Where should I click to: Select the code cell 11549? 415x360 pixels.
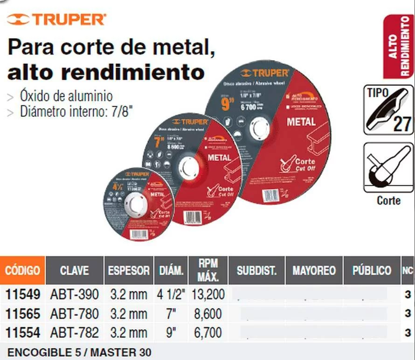pos(22,294)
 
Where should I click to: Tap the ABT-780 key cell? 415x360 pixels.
pos(74,313)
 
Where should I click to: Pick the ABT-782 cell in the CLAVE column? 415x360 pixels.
pos(74,332)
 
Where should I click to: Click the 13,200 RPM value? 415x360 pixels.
pos(208,294)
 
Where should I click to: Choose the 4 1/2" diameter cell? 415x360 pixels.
pos(171,294)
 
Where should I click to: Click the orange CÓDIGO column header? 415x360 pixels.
pos(22,270)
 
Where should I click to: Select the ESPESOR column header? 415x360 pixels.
pos(128,270)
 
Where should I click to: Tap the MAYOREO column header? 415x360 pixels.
pos(314,270)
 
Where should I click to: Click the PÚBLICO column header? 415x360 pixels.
pos(372,270)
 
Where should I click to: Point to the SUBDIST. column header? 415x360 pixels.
pos(256,270)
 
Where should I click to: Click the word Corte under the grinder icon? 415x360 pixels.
pos(388,201)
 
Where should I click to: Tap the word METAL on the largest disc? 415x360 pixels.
pos(301,122)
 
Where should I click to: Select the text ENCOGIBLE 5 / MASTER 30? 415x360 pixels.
pos(79,352)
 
